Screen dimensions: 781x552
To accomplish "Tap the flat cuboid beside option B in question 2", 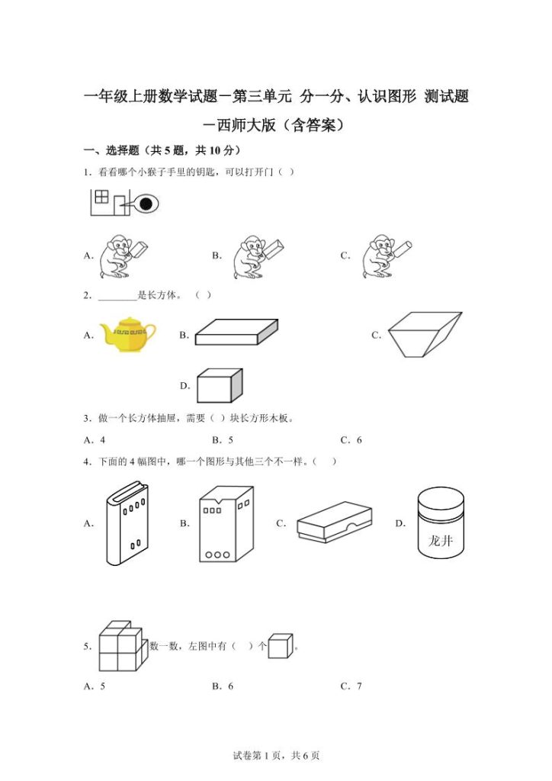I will [x=236, y=333].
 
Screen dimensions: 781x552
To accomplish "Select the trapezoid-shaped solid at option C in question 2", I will [x=424, y=333].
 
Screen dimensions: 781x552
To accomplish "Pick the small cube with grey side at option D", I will [x=220, y=386].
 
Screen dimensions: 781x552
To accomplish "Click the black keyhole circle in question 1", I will [x=146, y=204].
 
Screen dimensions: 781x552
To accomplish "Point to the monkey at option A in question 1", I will [x=122, y=256].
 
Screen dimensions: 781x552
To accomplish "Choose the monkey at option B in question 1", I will [x=258, y=256].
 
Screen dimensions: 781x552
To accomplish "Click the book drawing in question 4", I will [x=127, y=523].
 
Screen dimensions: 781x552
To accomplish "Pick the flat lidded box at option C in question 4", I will [x=334, y=522].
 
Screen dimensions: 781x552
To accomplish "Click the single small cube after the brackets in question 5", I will [x=280, y=646].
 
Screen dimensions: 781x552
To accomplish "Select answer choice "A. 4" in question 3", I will [x=95, y=440].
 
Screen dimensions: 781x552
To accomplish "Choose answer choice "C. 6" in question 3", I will [x=351, y=440].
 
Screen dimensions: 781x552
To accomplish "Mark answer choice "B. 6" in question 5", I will [x=223, y=686].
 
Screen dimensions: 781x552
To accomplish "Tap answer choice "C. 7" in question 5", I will [x=351, y=686].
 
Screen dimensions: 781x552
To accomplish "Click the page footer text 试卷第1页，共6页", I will [x=275, y=756].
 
